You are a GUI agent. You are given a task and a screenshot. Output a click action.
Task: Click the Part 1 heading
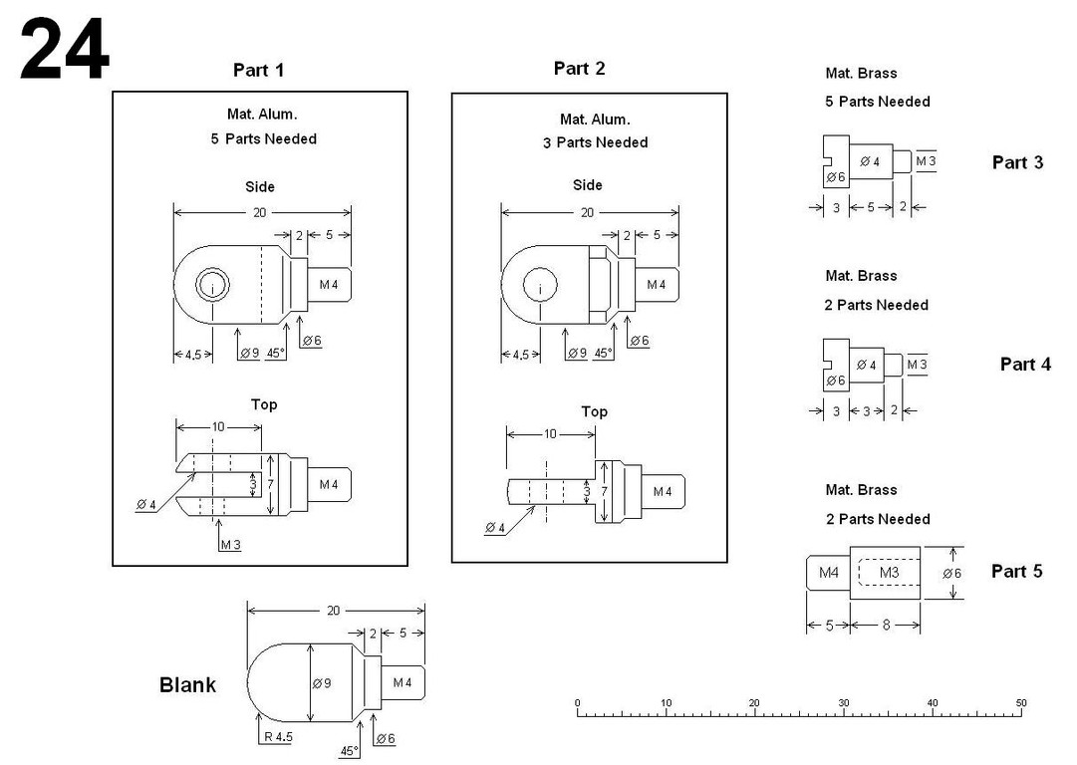click(x=259, y=70)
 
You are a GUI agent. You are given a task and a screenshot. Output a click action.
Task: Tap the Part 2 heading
click(x=579, y=68)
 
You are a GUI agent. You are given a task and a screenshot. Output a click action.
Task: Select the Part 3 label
click(x=1017, y=162)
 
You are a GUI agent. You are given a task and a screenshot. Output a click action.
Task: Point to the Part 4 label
click(x=1025, y=365)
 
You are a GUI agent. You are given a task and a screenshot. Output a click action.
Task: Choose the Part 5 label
click(x=1017, y=571)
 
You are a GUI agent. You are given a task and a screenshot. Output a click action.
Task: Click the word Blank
click(x=187, y=685)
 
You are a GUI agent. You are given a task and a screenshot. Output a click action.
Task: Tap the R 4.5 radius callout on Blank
click(x=277, y=737)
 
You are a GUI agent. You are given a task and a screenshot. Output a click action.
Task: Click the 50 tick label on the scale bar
click(x=1021, y=703)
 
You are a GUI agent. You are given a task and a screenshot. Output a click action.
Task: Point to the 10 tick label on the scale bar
click(x=667, y=703)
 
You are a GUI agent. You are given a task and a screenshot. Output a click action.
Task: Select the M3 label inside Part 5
click(x=889, y=573)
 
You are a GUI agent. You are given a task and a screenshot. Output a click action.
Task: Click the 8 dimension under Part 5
click(x=885, y=625)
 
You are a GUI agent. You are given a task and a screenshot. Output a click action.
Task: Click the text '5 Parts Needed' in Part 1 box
click(x=263, y=138)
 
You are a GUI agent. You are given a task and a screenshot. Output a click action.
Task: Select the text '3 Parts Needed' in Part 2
click(x=595, y=142)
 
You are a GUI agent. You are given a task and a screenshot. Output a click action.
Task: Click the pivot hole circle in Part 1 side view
click(x=211, y=287)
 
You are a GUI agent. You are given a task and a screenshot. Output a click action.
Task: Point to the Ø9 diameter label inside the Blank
click(x=321, y=683)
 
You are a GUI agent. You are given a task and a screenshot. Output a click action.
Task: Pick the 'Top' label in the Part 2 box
click(x=594, y=411)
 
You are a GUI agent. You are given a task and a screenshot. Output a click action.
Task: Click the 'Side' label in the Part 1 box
click(x=260, y=186)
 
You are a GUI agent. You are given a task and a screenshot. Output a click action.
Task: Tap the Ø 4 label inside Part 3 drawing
click(x=869, y=161)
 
